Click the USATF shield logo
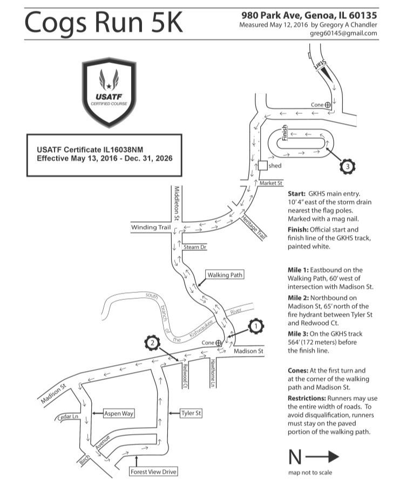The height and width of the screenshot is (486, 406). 109,92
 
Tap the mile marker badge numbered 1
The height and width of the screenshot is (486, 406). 256,326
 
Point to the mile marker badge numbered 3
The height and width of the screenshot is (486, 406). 347,166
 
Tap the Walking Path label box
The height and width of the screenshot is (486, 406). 225,275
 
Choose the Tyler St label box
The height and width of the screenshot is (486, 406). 191,413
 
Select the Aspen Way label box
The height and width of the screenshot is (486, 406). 119,413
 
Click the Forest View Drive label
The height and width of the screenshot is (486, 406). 153,472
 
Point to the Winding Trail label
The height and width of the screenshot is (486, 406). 151,228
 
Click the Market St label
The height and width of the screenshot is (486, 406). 271,183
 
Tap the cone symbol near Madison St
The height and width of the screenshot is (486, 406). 219,343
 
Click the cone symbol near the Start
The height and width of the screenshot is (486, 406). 328,105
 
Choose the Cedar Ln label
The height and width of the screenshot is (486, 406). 67,416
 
